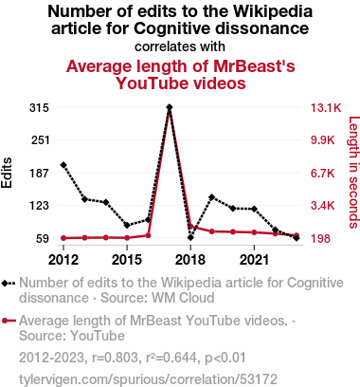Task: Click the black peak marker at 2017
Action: click(170, 107)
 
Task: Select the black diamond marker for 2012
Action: click(63, 165)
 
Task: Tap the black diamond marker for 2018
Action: click(190, 237)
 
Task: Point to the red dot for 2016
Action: click(148, 235)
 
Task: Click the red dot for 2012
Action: click(63, 238)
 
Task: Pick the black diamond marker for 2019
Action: click(211, 197)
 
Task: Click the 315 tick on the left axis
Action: click(39, 108)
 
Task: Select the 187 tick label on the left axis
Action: click(40, 174)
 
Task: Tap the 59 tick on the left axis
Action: click(43, 238)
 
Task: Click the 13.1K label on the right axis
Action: click(326, 108)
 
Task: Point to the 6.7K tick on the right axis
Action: click(322, 174)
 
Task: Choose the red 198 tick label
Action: click(320, 238)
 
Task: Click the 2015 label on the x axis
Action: click(127, 260)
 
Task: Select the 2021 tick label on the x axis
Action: click(254, 260)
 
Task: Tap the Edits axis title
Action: click(7, 173)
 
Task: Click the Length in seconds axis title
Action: click(353, 173)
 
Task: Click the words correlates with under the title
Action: click(180, 46)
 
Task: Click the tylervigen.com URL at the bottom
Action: click(148, 379)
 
